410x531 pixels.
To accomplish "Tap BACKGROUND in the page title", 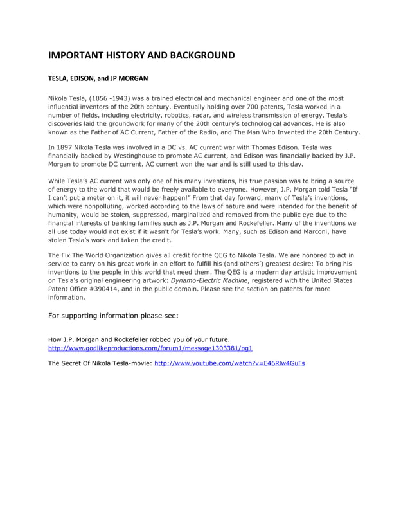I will [201, 55].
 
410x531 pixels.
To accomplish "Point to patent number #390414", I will [99, 289].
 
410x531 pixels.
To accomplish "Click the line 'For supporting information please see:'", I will [114, 316].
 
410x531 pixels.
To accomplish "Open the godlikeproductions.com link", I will [150, 348].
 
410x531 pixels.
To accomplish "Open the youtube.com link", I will [230, 363].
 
